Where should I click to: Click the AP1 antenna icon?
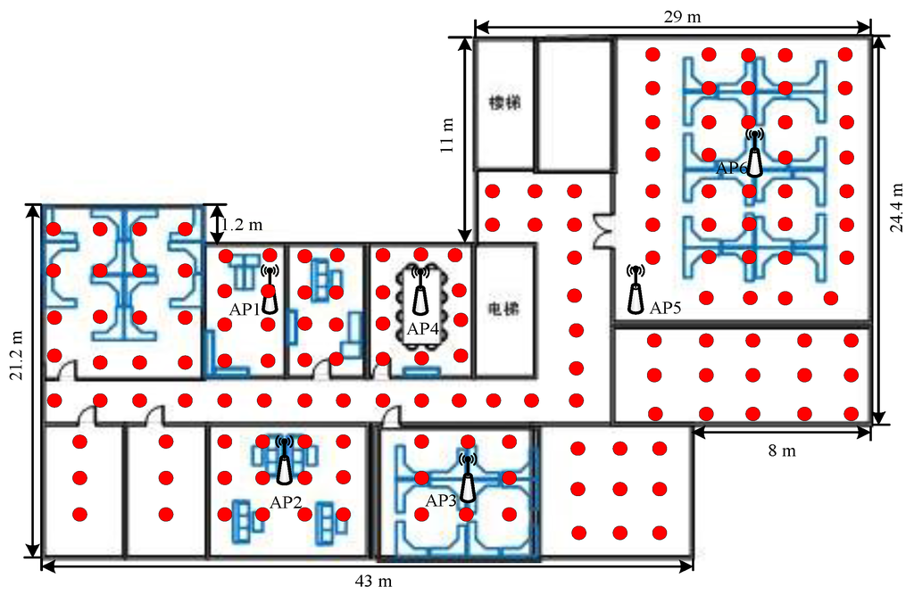(270, 289)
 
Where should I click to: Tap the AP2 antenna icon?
(284, 460)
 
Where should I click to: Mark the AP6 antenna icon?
(754, 153)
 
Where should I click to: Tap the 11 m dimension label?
(448, 134)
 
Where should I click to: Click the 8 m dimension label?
(782, 450)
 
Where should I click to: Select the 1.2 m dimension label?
(243, 225)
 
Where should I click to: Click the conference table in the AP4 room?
(420, 291)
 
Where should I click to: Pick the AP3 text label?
(441, 500)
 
